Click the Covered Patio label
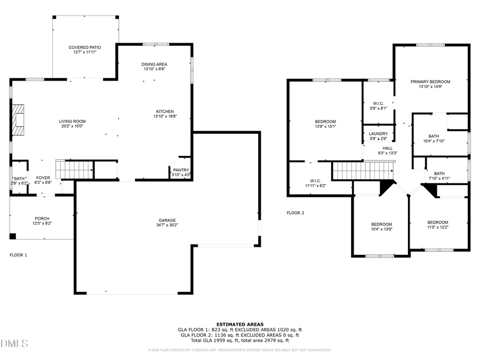point(84,47)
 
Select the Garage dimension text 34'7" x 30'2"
point(166,225)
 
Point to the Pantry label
point(180,170)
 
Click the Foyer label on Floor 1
point(43,178)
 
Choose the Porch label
point(42,218)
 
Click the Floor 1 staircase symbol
point(75,170)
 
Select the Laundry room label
point(378,134)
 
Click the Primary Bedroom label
point(430,82)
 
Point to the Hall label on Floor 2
point(387,148)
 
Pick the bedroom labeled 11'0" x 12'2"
point(437,222)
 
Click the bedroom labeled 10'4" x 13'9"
point(381,224)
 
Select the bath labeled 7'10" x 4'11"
point(439,173)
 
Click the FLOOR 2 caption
point(295,213)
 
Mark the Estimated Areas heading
point(239,324)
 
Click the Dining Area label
point(154,64)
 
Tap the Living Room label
point(72,121)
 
